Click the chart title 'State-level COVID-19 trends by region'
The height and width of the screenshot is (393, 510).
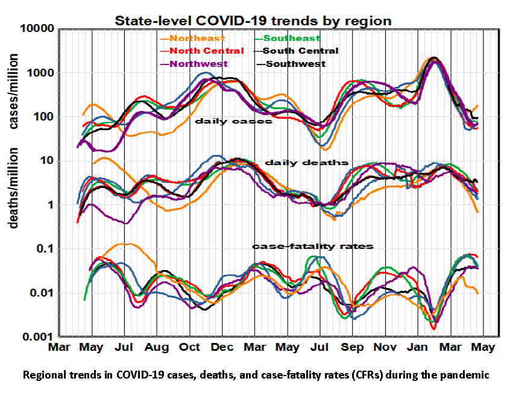[x=254, y=20]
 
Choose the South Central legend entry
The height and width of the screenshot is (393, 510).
[x=300, y=51]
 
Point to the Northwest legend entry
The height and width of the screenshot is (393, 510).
[x=201, y=63]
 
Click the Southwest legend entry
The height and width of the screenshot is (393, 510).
[x=295, y=63]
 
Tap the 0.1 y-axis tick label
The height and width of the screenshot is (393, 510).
[x=46, y=249]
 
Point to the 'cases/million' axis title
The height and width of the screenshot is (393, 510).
[x=13, y=90]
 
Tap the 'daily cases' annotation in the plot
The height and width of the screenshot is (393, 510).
[x=233, y=121]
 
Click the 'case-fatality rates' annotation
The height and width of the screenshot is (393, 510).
[x=313, y=246]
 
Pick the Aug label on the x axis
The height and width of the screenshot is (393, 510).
[x=157, y=348]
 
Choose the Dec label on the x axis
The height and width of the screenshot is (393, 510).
[x=222, y=348]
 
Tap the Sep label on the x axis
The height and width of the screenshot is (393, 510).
[x=353, y=348]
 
